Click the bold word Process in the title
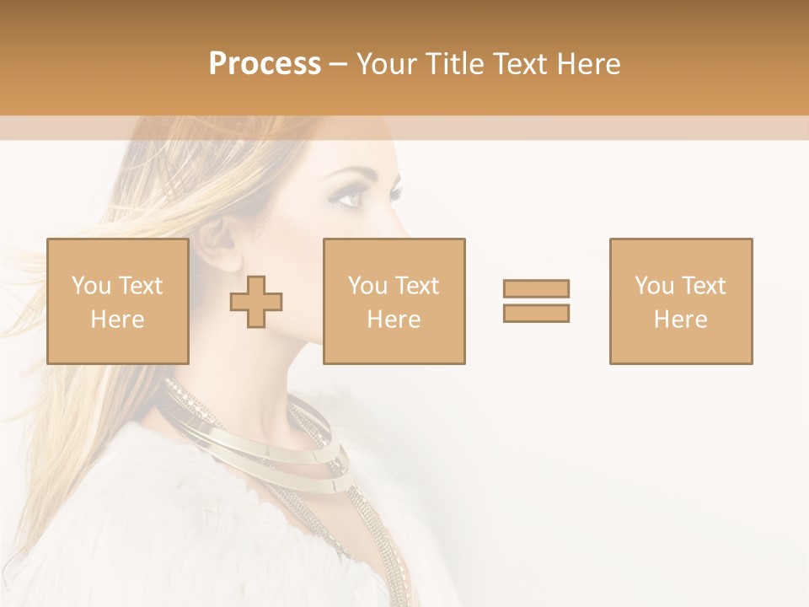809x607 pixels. pos(265,64)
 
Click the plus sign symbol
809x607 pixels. pos(256,302)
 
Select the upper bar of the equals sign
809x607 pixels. pos(536,288)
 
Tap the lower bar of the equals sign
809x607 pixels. pos(536,313)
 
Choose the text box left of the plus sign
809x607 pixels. pos(117,301)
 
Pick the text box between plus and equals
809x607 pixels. pos(394,301)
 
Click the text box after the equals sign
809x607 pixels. pos(680,301)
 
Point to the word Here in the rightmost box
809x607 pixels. pos(680,320)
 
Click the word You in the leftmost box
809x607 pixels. pos(91,286)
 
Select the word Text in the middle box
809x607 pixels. pos(417,286)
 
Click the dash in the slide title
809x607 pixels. pos(338,64)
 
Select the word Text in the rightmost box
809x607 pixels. pos(704,286)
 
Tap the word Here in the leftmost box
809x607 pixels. pos(117,320)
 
